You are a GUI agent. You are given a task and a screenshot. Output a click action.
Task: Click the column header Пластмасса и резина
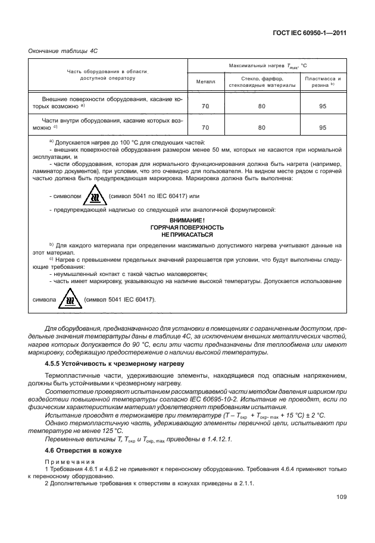323,81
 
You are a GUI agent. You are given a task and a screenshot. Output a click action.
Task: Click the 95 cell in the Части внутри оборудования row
323,127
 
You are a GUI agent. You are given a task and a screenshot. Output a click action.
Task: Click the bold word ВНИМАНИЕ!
187,220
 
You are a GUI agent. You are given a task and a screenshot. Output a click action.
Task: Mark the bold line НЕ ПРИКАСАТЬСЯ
187,234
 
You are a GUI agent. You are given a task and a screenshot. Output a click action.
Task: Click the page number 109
340,497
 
